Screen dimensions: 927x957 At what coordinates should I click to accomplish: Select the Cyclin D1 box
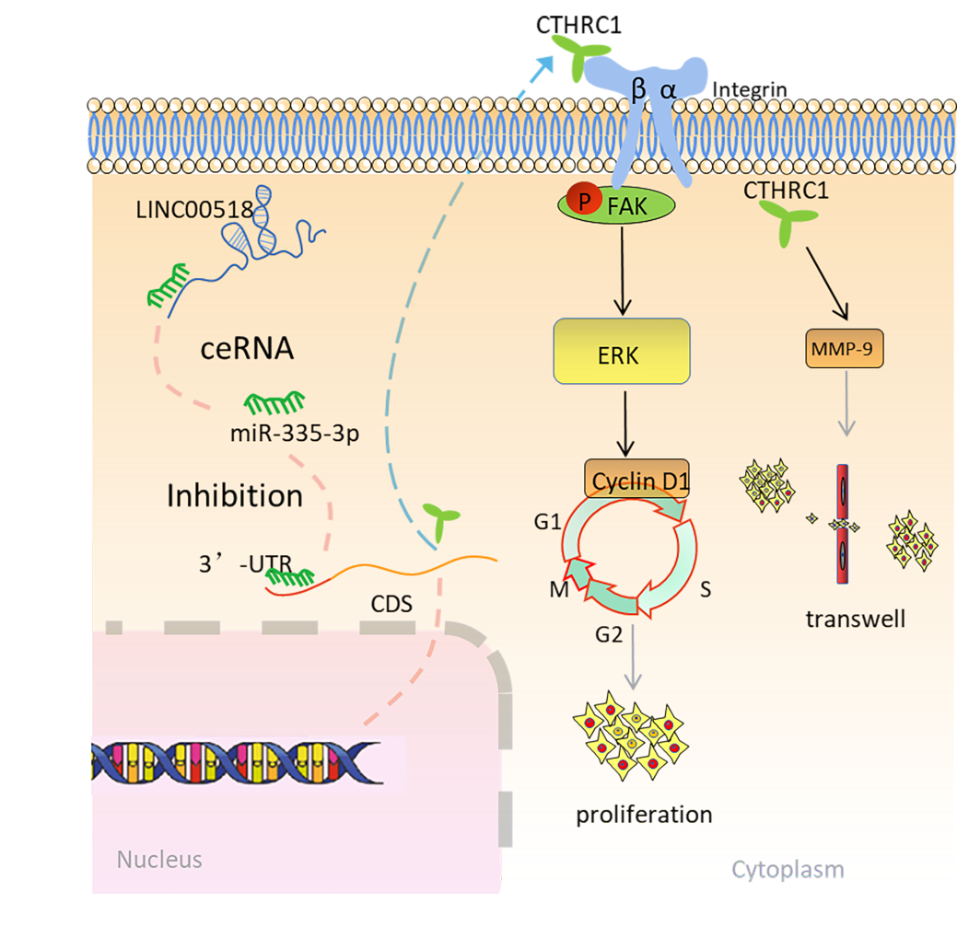point(636,480)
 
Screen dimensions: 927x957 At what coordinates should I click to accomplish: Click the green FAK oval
point(616,204)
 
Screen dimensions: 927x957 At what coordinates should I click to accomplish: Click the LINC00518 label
point(189,210)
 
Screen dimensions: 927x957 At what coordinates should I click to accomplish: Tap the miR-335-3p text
point(295,434)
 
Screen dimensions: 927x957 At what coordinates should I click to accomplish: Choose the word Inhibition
point(234,496)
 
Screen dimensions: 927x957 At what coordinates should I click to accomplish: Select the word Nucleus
point(158,860)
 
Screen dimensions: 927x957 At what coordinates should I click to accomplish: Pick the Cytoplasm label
point(788,869)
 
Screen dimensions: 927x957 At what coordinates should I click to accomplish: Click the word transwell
point(855,618)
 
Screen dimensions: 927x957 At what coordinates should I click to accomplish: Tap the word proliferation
point(644,815)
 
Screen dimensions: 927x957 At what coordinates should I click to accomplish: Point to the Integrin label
point(750,90)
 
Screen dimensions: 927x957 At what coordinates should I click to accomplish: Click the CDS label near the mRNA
point(391,605)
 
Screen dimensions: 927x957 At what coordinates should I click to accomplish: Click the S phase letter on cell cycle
point(706,589)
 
